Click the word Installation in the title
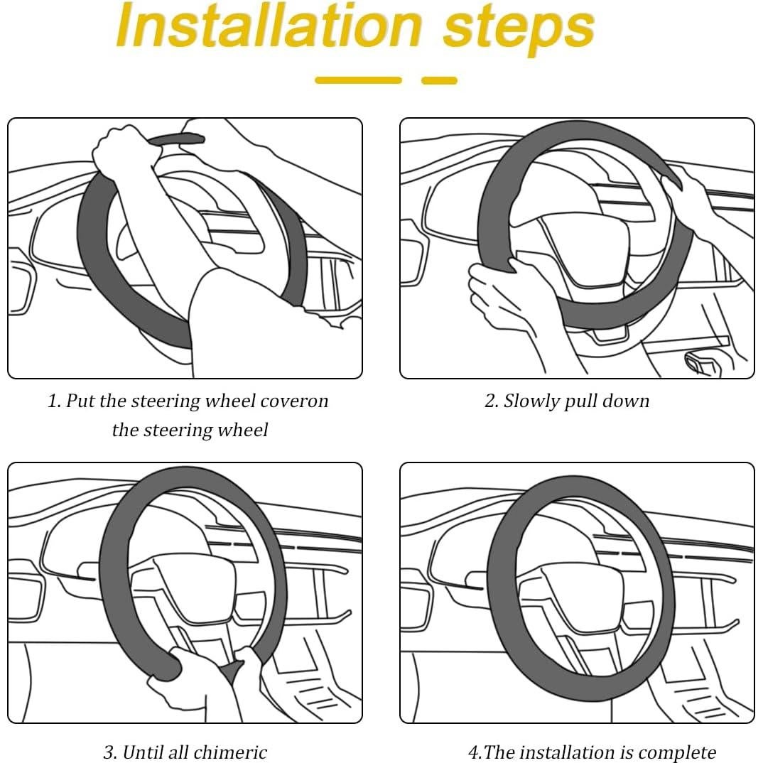click(x=269, y=26)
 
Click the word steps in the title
click(x=519, y=30)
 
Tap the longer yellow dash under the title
click(x=359, y=80)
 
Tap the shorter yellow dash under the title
click(x=440, y=80)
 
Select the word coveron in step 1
click(x=294, y=401)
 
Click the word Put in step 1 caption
click(x=80, y=401)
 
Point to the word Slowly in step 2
click(x=531, y=401)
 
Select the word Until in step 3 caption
click(x=142, y=752)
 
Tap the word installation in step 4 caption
click(x=569, y=752)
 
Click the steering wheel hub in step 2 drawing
click(x=579, y=243)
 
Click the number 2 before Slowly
click(x=489, y=401)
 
